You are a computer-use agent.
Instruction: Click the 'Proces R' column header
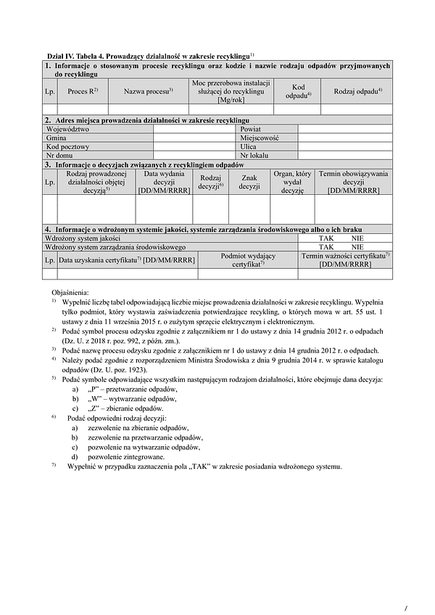[82, 92]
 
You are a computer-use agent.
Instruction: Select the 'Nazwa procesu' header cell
[148, 92]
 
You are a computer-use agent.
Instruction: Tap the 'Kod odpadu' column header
[298, 91]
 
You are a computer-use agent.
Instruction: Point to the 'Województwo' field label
[67, 128]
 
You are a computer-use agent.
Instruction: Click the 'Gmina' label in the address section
[57, 137]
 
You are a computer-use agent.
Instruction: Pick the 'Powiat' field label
[251, 128]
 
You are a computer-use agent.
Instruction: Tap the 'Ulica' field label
[249, 146]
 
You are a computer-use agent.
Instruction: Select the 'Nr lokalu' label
[254, 154]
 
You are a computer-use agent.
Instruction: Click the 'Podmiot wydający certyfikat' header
[247, 260]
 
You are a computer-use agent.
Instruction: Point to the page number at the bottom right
[407, 588]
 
